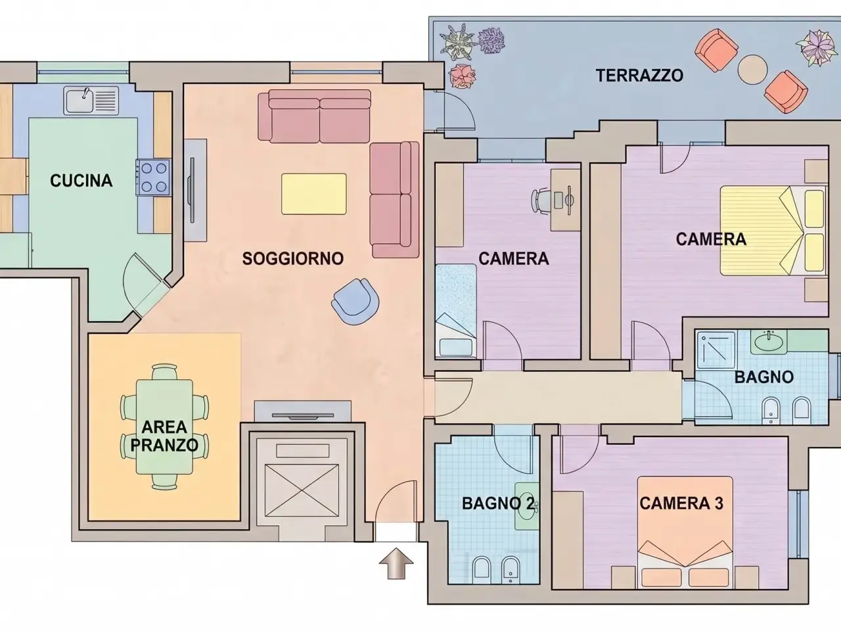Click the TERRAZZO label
point(639,76)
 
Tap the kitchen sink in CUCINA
point(91,101)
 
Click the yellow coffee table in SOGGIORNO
point(314,194)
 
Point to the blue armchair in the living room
point(355,302)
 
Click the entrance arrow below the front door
point(396,563)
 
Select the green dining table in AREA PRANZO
point(164,427)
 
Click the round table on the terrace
point(752,70)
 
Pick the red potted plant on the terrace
point(462,76)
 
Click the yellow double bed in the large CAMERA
point(773,231)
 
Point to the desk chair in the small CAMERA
point(541,200)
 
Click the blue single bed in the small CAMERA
point(455,311)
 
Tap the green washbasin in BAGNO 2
point(527,506)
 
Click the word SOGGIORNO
point(293,258)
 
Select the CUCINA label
point(81,181)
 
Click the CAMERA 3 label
point(681,503)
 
